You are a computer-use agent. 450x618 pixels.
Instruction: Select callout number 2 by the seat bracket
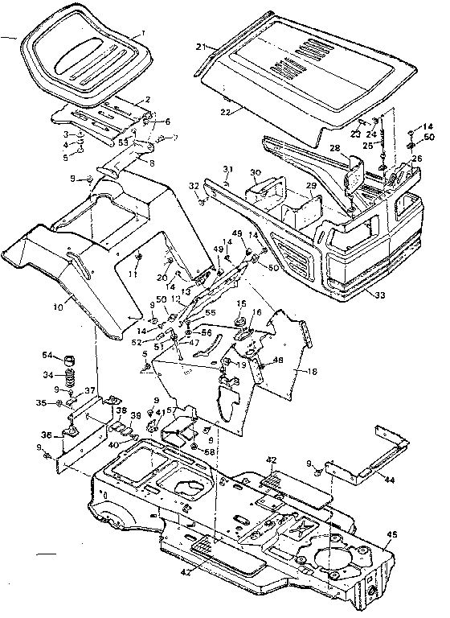(147, 99)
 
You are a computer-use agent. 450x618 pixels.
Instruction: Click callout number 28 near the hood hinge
(334, 148)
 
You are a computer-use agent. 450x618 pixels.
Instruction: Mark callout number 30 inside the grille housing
(255, 172)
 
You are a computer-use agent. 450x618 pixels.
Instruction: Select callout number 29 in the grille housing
(309, 186)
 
